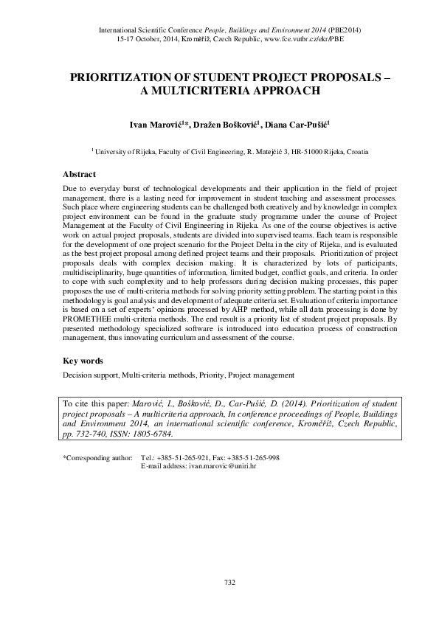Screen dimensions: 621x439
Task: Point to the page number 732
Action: [x=229, y=583]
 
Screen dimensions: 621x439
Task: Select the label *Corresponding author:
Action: [x=99, y=457]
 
